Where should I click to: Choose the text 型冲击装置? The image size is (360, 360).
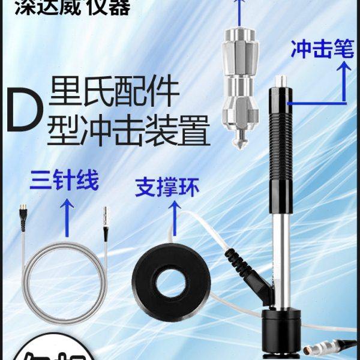point(132,130)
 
